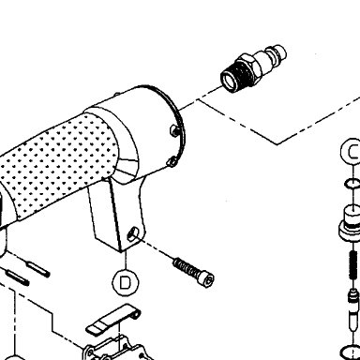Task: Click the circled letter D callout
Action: [125, 282]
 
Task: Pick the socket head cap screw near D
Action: [194, 272]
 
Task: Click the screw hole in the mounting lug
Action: [133, 233]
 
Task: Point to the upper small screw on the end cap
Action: [175, 130]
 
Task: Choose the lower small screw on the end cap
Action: [172, 162]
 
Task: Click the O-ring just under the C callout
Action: [352, 184]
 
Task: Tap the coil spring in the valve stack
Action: [353, 265]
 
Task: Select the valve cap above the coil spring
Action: [351, 223]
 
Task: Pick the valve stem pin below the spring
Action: [352, 307]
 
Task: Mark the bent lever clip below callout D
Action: [113, 319]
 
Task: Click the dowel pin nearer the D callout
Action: [38, 270]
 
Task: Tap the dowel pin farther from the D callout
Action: [18, 277]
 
